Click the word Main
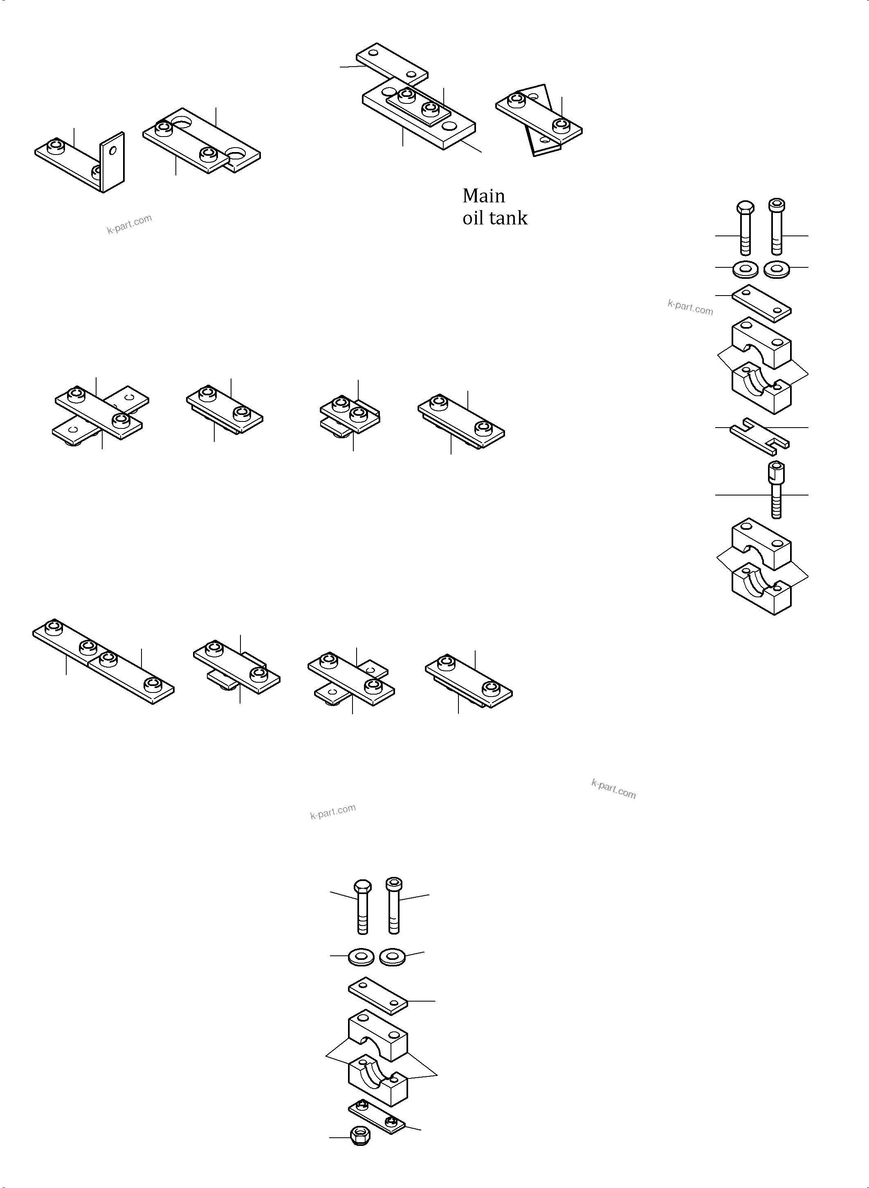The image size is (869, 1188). [x=483, y=196]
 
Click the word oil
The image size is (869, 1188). [x=472, y=218]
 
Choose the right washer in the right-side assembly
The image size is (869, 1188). [x=777, y=270]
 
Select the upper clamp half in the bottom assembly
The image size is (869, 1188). [x=378, y=1034]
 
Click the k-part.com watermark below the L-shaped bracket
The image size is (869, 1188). [x=129, y=224]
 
